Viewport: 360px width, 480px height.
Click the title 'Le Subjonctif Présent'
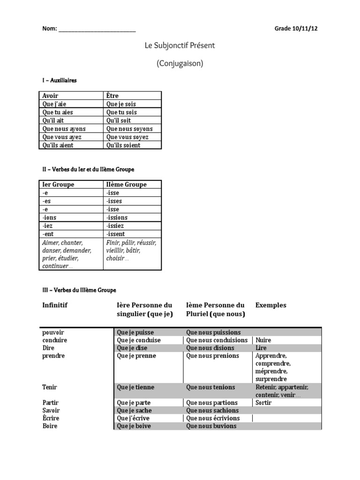pyautogui.click(x=180, y=45)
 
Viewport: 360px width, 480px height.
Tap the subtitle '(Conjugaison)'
pyautogui.click(x=180, y=63)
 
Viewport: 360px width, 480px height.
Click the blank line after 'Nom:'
pyautogui.click(x=97, y=29)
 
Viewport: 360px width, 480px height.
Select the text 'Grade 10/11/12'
pyautogui.click(x=296, y=29)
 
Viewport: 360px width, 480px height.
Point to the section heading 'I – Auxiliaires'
pyautogui.click(x=59, y=80)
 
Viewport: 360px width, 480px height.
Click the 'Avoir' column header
pyautogui.click(x=51, y=96)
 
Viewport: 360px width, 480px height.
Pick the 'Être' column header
pyautogui.click(x=112, y=96)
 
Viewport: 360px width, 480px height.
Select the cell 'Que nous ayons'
pyautogui.click(x=65, y=129)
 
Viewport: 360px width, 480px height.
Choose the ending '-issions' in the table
pyautogui.click(x=117, y=217)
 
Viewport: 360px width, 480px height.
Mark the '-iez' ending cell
pyautogui.click(x=47, y=226)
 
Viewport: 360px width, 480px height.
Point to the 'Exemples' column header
pyautogui.click(x=270, y=305)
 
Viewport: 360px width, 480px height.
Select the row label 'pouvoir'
pyautogui.click(x=53, y=332)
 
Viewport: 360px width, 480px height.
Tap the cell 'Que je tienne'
pyautogui.click(x=135, y=388)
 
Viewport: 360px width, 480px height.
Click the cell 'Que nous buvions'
pyautogui.click(x=211, y=426)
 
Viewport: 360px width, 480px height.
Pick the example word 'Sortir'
pyautogui.click(x=264, y=403)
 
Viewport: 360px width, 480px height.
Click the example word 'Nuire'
pyautogui.click(x=263, y=340)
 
